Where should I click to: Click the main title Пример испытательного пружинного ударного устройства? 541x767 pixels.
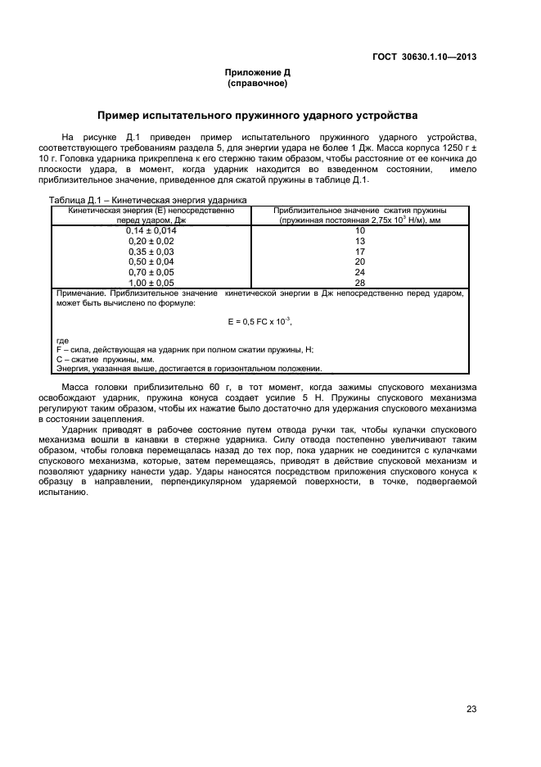tap(257, 116)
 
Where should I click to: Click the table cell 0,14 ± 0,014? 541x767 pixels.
tap(151, 231)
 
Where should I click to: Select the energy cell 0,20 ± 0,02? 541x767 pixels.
tap(151, 242)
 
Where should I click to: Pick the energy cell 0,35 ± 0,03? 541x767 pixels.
tap(151, 252)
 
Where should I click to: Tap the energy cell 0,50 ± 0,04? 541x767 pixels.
tap(151, 261)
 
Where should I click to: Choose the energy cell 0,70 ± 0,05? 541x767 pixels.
tap(151, 271)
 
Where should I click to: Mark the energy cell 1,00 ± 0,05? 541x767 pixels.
tap(151, 281)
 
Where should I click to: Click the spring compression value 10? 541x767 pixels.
tap(359, 231)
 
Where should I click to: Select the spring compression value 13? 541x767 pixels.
tap(359, 242)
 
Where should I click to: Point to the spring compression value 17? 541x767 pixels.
tap(359, 252)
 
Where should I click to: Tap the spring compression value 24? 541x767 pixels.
tap(359, 271)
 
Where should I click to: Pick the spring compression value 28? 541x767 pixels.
tap(359, 281)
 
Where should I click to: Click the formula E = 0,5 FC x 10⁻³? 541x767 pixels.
tap(259, 320)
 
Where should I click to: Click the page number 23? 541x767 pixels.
tap(471, 709)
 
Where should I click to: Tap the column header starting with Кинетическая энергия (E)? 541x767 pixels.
tap(151, 215)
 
